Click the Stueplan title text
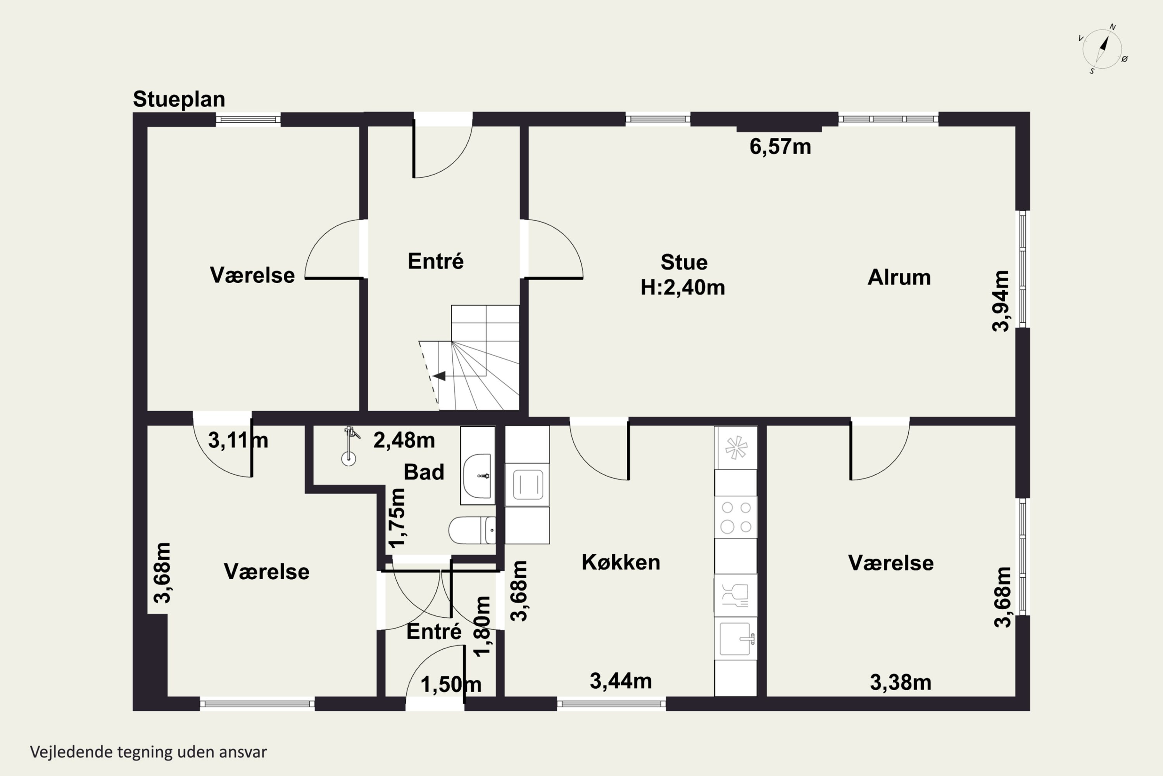click(x=179, y=99)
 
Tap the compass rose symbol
click(x=1102, y=48)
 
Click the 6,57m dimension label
click(x=780, y=147)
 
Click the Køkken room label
click(x=621, y=562)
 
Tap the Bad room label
click(x=424, y=472)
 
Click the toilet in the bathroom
click(x=472, y=530)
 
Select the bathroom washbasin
click(x=477, y=476)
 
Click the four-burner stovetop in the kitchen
click(x=736, y=517)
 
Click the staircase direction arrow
click(x=439, y=376)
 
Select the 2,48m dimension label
click(x=404, y=440)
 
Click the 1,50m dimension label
click(x=450, y=684)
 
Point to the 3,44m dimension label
click(x=621, y=681)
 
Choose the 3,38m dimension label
click(x=901, y=682)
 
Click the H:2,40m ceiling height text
click(x=683, y=288)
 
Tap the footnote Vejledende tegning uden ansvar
click(x=148, y=752)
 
